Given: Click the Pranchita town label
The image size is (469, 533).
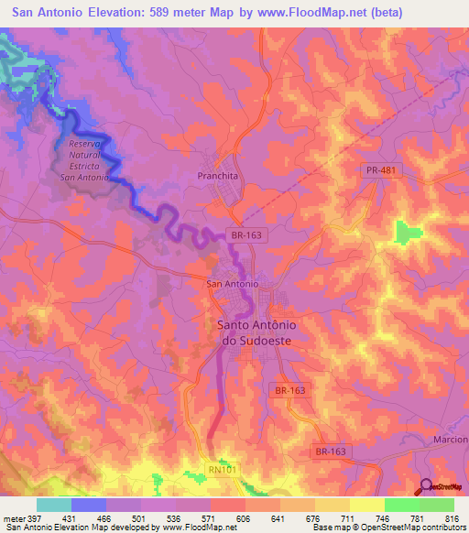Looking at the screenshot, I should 217,175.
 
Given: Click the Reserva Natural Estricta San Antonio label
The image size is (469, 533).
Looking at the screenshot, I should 89,160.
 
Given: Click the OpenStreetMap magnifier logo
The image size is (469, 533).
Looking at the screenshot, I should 426,485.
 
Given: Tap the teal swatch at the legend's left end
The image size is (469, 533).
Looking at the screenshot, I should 53,505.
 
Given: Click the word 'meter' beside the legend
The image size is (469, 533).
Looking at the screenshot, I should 12,518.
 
